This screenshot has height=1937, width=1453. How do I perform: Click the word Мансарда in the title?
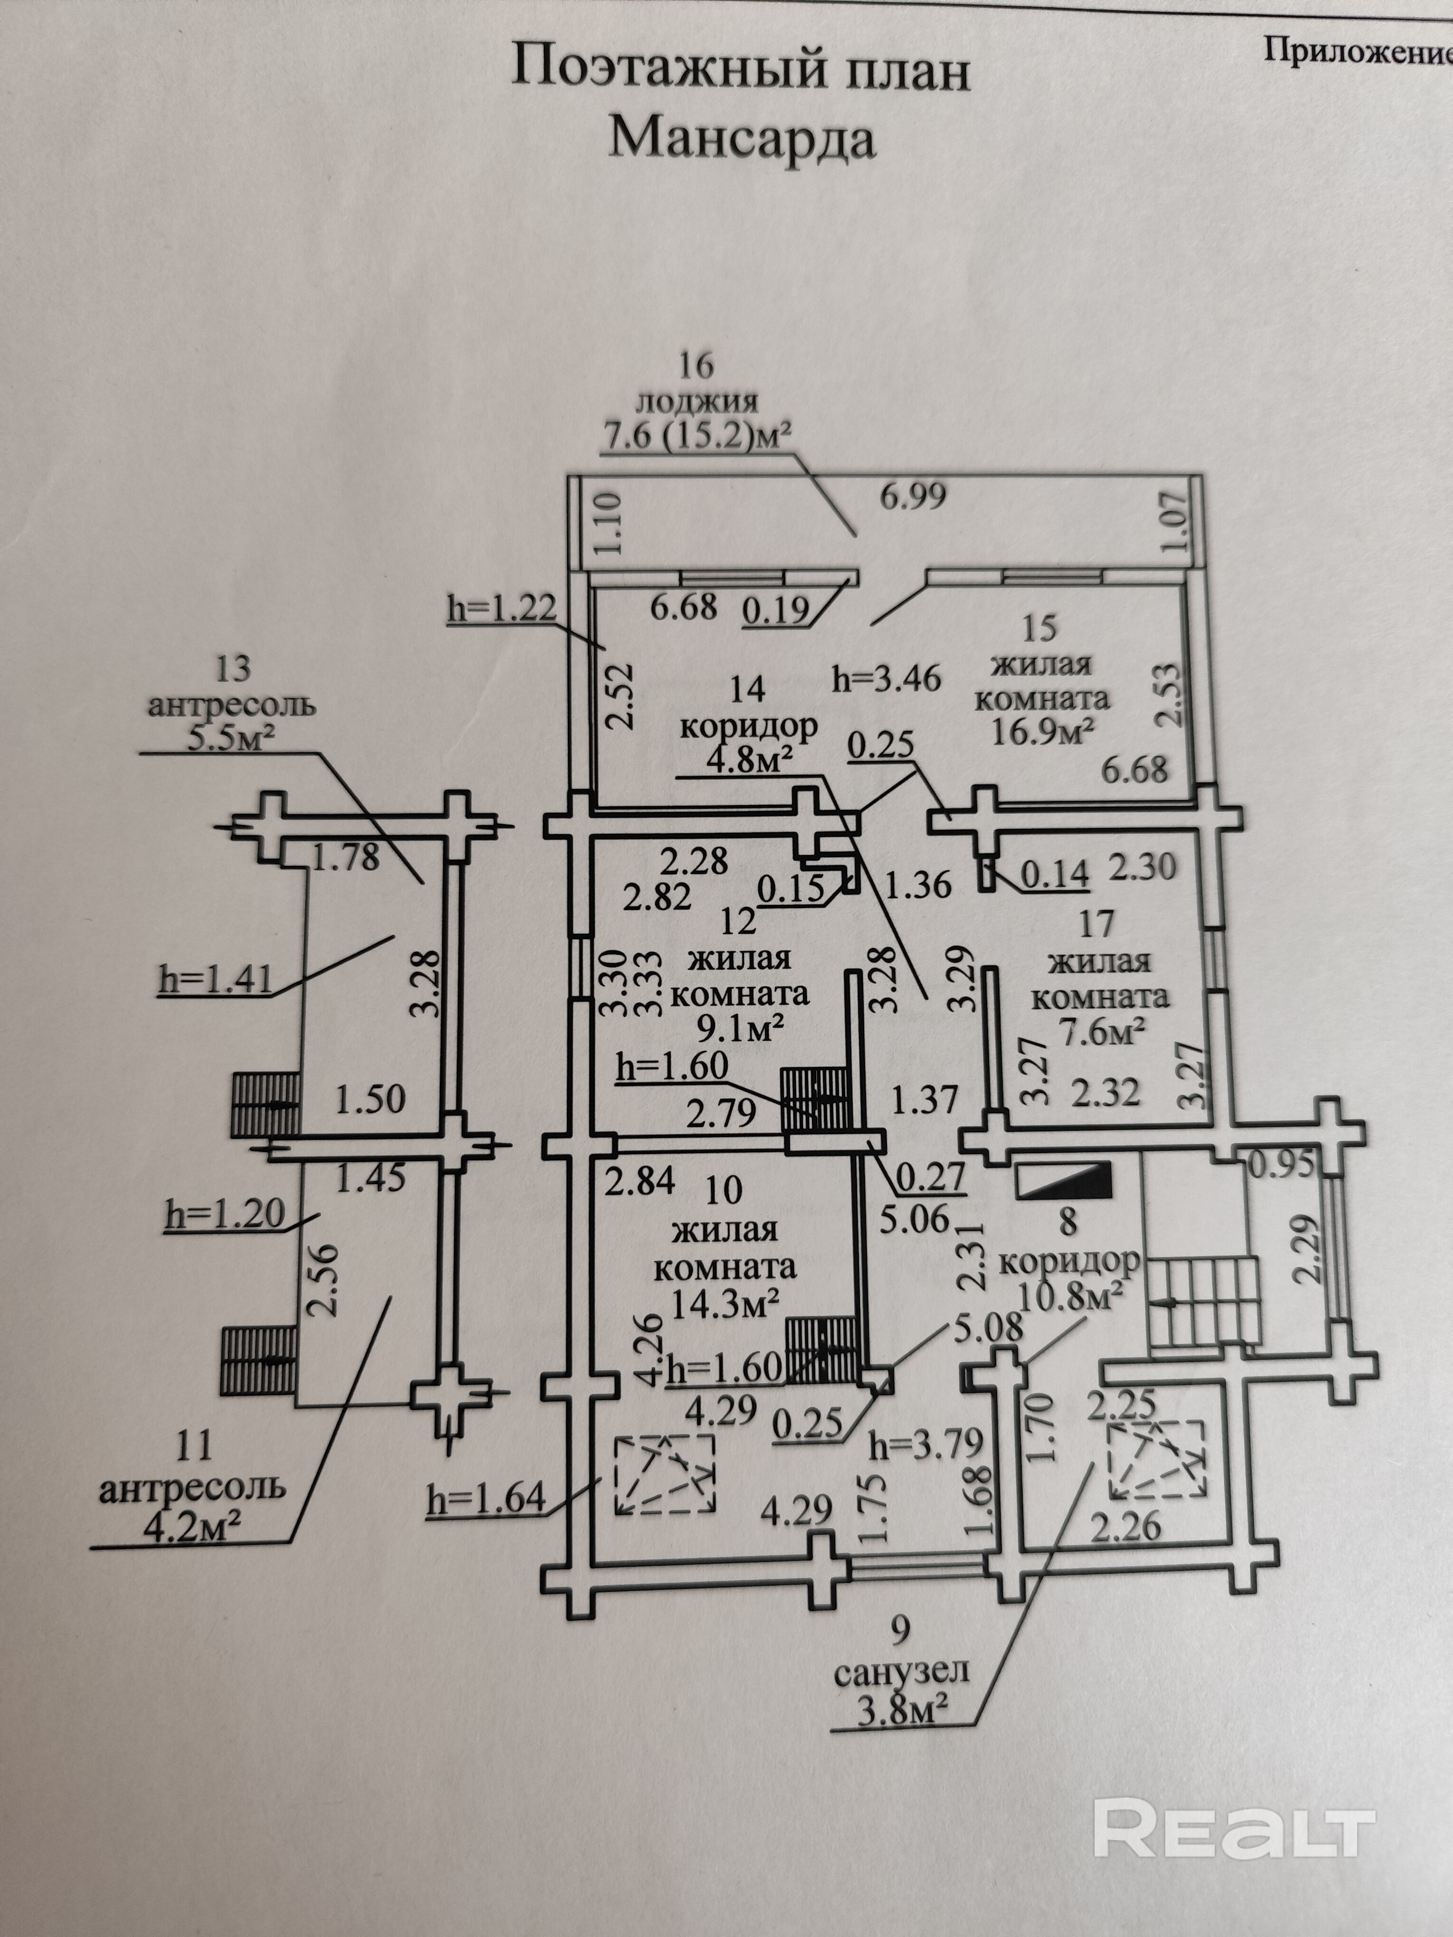click(x=742, y=138)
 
